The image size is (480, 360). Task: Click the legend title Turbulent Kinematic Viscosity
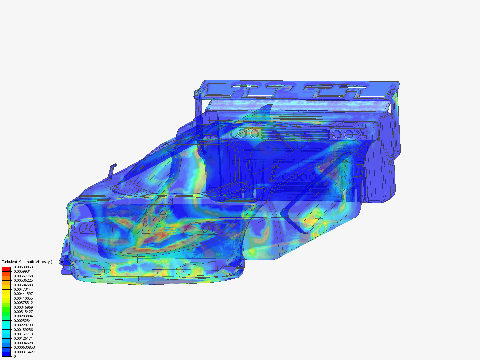27,262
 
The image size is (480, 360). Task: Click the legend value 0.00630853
23,267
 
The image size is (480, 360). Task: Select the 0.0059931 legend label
22,272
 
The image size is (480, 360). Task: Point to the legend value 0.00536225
23,281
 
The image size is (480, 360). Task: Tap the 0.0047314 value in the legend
22,289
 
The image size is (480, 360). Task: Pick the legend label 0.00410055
23,298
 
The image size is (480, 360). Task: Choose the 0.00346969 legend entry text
23,307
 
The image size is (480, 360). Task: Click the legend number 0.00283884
23,316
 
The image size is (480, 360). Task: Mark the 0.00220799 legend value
23,325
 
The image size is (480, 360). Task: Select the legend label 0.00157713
23,334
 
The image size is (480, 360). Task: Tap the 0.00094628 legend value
23,343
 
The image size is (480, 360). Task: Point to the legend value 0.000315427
24,352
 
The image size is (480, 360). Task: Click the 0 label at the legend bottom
15,356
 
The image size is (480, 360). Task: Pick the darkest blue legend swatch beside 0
6,354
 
